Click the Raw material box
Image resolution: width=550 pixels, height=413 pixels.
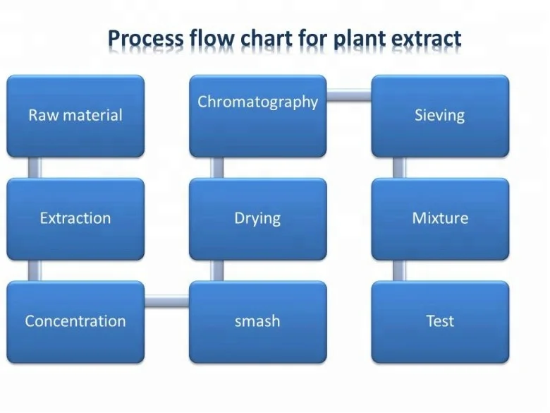tap(75, 116)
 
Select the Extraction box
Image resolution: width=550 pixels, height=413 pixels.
tap(75, 218)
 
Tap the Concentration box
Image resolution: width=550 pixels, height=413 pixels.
tap(75, 321)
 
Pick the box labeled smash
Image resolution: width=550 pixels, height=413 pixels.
tap(257, 321)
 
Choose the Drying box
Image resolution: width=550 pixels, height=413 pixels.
tap(257, 218)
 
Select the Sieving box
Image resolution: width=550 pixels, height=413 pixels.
tap(440, 116)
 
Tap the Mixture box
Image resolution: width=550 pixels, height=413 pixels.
tap(440, 218)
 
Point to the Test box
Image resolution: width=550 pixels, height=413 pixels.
tap(440, 321)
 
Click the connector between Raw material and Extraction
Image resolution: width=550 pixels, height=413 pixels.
tap(34, 167)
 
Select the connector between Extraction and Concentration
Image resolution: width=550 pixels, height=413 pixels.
tap(34, 270)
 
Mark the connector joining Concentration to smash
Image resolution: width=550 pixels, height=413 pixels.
tap(166, 302)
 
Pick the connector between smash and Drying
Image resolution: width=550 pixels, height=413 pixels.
tap(217, 270)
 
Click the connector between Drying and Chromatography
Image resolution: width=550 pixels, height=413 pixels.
tap(217, 167)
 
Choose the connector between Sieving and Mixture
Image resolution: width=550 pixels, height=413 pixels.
tap(399, 167)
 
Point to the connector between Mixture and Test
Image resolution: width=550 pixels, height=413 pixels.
tap(399, 270)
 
